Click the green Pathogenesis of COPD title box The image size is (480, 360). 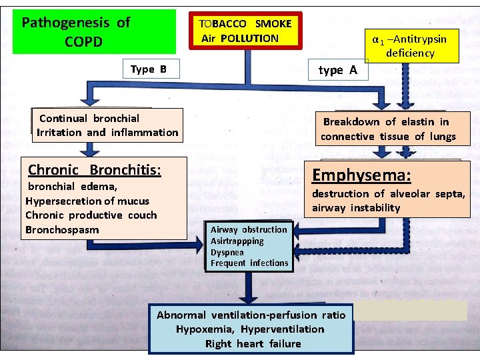click(94, 31)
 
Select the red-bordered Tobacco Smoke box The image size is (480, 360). click(245, 31)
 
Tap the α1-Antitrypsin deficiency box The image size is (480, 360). click(409, 46)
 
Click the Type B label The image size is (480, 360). click(149, 69)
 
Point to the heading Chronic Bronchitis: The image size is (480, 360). click(94, 170)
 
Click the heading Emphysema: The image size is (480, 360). click(361, 175)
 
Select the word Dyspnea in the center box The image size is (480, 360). click(227, 253)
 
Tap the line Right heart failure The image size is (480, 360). click(253, 344)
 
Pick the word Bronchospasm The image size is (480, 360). click(62, 230)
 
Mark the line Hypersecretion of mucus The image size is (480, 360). click(87, 201)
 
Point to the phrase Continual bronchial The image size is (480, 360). click(89, 118)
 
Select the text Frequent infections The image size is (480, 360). click(249, 263)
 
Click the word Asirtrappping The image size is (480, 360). click(237, 241)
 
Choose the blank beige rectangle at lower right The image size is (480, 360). click(410, 311)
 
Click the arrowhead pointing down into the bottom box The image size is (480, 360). click(249, 301)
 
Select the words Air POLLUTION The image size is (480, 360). click(240, 38)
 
